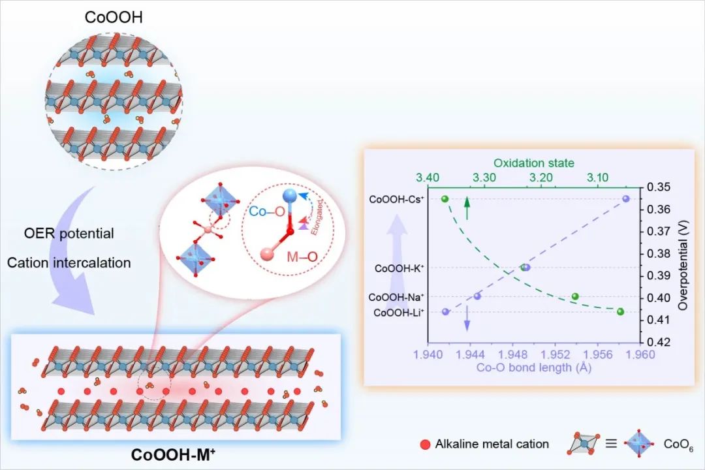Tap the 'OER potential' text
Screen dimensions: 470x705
click(60, 233)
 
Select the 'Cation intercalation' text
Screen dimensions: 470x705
click(69, 263)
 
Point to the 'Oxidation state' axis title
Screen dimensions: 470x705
click(533, 163)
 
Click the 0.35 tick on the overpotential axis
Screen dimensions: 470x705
click(657, 187)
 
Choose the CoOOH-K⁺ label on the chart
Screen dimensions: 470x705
click(399, 268)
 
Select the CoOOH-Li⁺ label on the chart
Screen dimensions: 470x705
click(398, 313)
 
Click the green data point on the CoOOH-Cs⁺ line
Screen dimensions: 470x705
click(445, 198)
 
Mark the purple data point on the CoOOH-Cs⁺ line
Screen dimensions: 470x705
click(625, 198)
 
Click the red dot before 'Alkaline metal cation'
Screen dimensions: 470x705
click(425, 445)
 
